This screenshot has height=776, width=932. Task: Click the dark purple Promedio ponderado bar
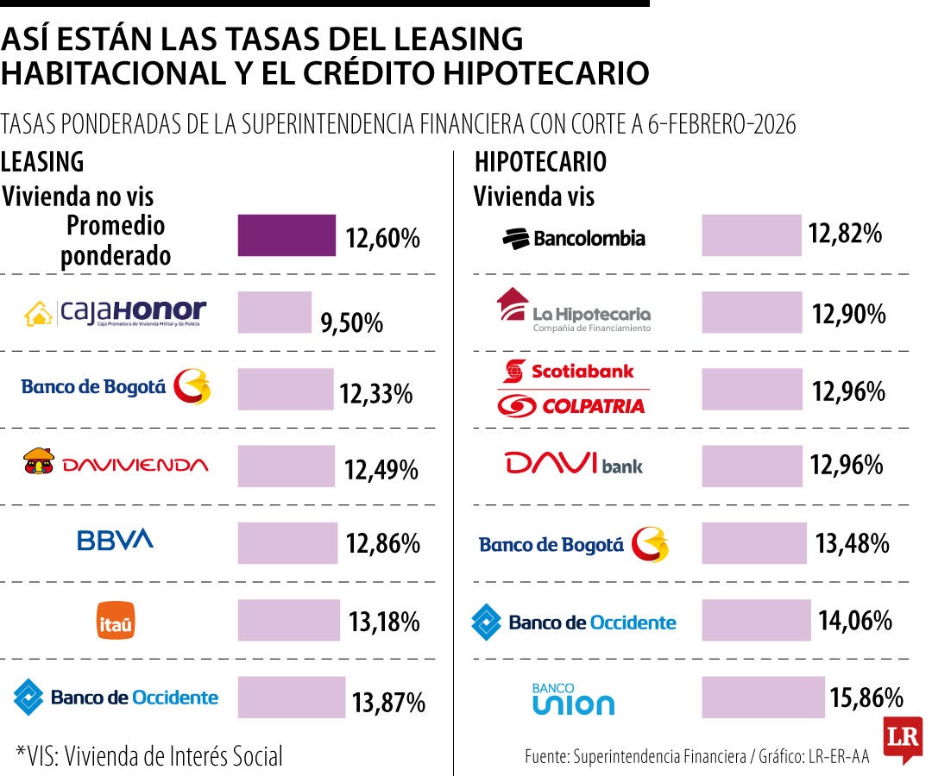[x=287, y=235]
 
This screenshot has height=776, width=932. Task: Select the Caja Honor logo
[x=115, y=314]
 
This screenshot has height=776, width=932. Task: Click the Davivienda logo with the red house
[x=115, y=463]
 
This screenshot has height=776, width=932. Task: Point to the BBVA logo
[x=115, y=541]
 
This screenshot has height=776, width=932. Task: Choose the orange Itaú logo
[x=115, y=621]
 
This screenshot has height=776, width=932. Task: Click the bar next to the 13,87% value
[x=292, y=697]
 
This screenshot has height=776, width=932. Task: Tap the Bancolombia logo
[x=574, y=238]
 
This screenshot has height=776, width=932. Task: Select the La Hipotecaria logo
[x=574, y=310]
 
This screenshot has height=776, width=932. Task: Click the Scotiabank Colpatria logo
[x=574, y=388]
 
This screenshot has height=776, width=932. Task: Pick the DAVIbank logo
[x=574, y=465]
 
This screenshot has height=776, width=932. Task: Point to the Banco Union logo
[x=574, y=699]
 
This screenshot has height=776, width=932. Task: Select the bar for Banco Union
[x=763, y=697]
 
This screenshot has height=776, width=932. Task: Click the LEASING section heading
[x=42, y=161]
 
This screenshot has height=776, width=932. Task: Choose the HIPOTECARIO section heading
[x=540, y=161]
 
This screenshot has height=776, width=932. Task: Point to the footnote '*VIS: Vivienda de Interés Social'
[x=149, y=756]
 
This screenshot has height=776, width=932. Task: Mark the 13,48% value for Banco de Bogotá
[x=852, y=543]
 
